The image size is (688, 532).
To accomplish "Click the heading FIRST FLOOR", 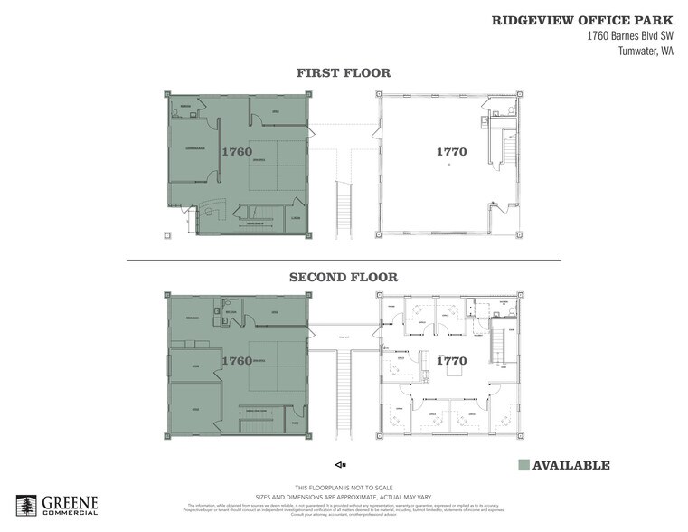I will coord(343,73).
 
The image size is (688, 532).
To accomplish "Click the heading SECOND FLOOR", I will coord(344,278).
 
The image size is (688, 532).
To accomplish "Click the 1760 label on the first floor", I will coord(236,152).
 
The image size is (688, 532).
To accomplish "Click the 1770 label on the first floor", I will coord(451,152).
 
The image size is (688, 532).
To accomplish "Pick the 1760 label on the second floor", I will coord(236,360).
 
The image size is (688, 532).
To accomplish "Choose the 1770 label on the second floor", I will coord(451,360).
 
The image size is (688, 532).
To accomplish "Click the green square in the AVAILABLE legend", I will coord(523,466).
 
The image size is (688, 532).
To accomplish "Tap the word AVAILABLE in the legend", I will coord(570,466).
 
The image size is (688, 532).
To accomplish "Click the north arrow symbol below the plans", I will coord(341,465).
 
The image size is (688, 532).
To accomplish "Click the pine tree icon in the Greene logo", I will coord(27,507).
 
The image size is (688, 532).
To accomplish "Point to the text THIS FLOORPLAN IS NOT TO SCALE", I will coord(344,487).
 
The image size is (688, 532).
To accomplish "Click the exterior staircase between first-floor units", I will coord(344,207).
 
